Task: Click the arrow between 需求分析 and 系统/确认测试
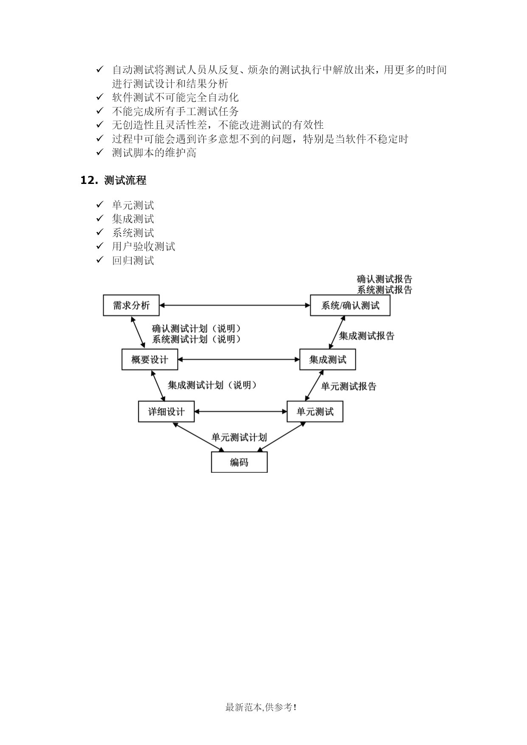(235, 305)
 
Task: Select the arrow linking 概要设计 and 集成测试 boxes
(239, 359)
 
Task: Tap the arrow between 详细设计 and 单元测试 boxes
(240, 411)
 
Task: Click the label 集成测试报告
(366, 336)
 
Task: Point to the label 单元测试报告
(349, 387)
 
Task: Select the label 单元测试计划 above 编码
(239, 437)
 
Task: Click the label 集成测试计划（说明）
(212, 385)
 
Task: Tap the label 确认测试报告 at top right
(384, 279)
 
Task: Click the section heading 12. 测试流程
(113, 181)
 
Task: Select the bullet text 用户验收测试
(144, 247)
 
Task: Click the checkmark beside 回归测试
(100, 260)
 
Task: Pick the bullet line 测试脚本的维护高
(154, 153)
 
